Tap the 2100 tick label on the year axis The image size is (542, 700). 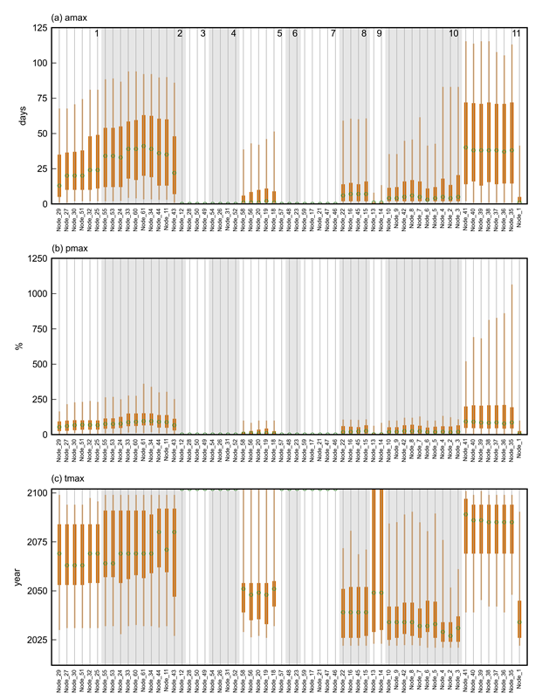pyautogui.click(x=38, y=493)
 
